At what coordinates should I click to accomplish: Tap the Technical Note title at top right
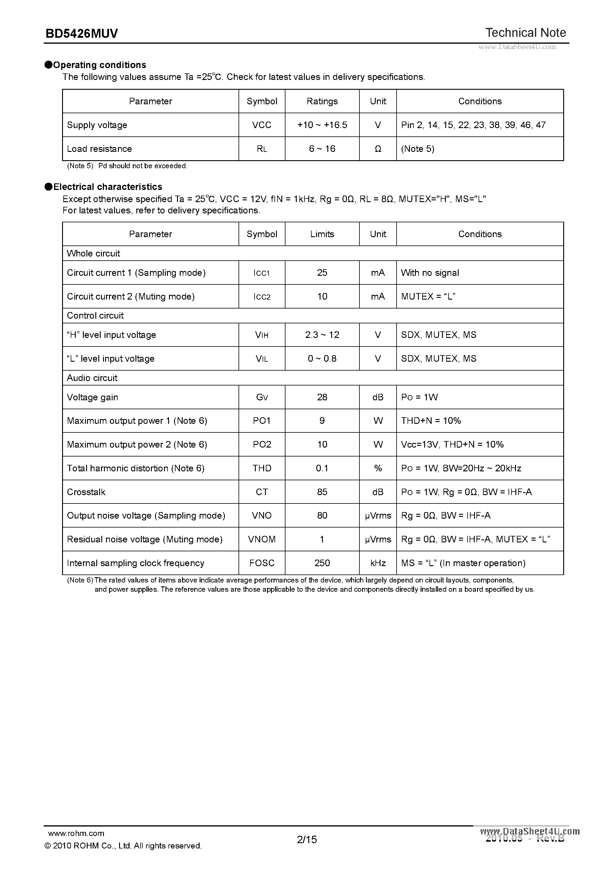click(525, 33)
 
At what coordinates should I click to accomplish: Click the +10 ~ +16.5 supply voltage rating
click(322, 125)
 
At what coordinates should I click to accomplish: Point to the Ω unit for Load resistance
click(378, 149)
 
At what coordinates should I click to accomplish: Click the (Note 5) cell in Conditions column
click(417, 149)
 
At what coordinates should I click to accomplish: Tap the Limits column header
click(322, 234)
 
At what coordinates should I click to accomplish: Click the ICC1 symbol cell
click(261, 273)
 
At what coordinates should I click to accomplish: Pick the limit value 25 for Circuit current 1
click(322, 273)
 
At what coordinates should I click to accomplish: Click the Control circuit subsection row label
click(95, 316)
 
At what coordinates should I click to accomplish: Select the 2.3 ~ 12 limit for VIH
click(322, 335)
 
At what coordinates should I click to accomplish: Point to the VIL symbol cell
click(261, 359)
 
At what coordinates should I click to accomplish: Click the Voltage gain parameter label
click(92, 397)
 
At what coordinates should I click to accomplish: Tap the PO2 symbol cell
click(261, 445)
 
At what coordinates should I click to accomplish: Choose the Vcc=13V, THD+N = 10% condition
click(452, 445)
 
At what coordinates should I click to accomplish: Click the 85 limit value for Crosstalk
click(322, 492)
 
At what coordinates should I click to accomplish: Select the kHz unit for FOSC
click(378, 563)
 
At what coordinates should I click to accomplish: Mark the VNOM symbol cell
click(261, 539)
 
